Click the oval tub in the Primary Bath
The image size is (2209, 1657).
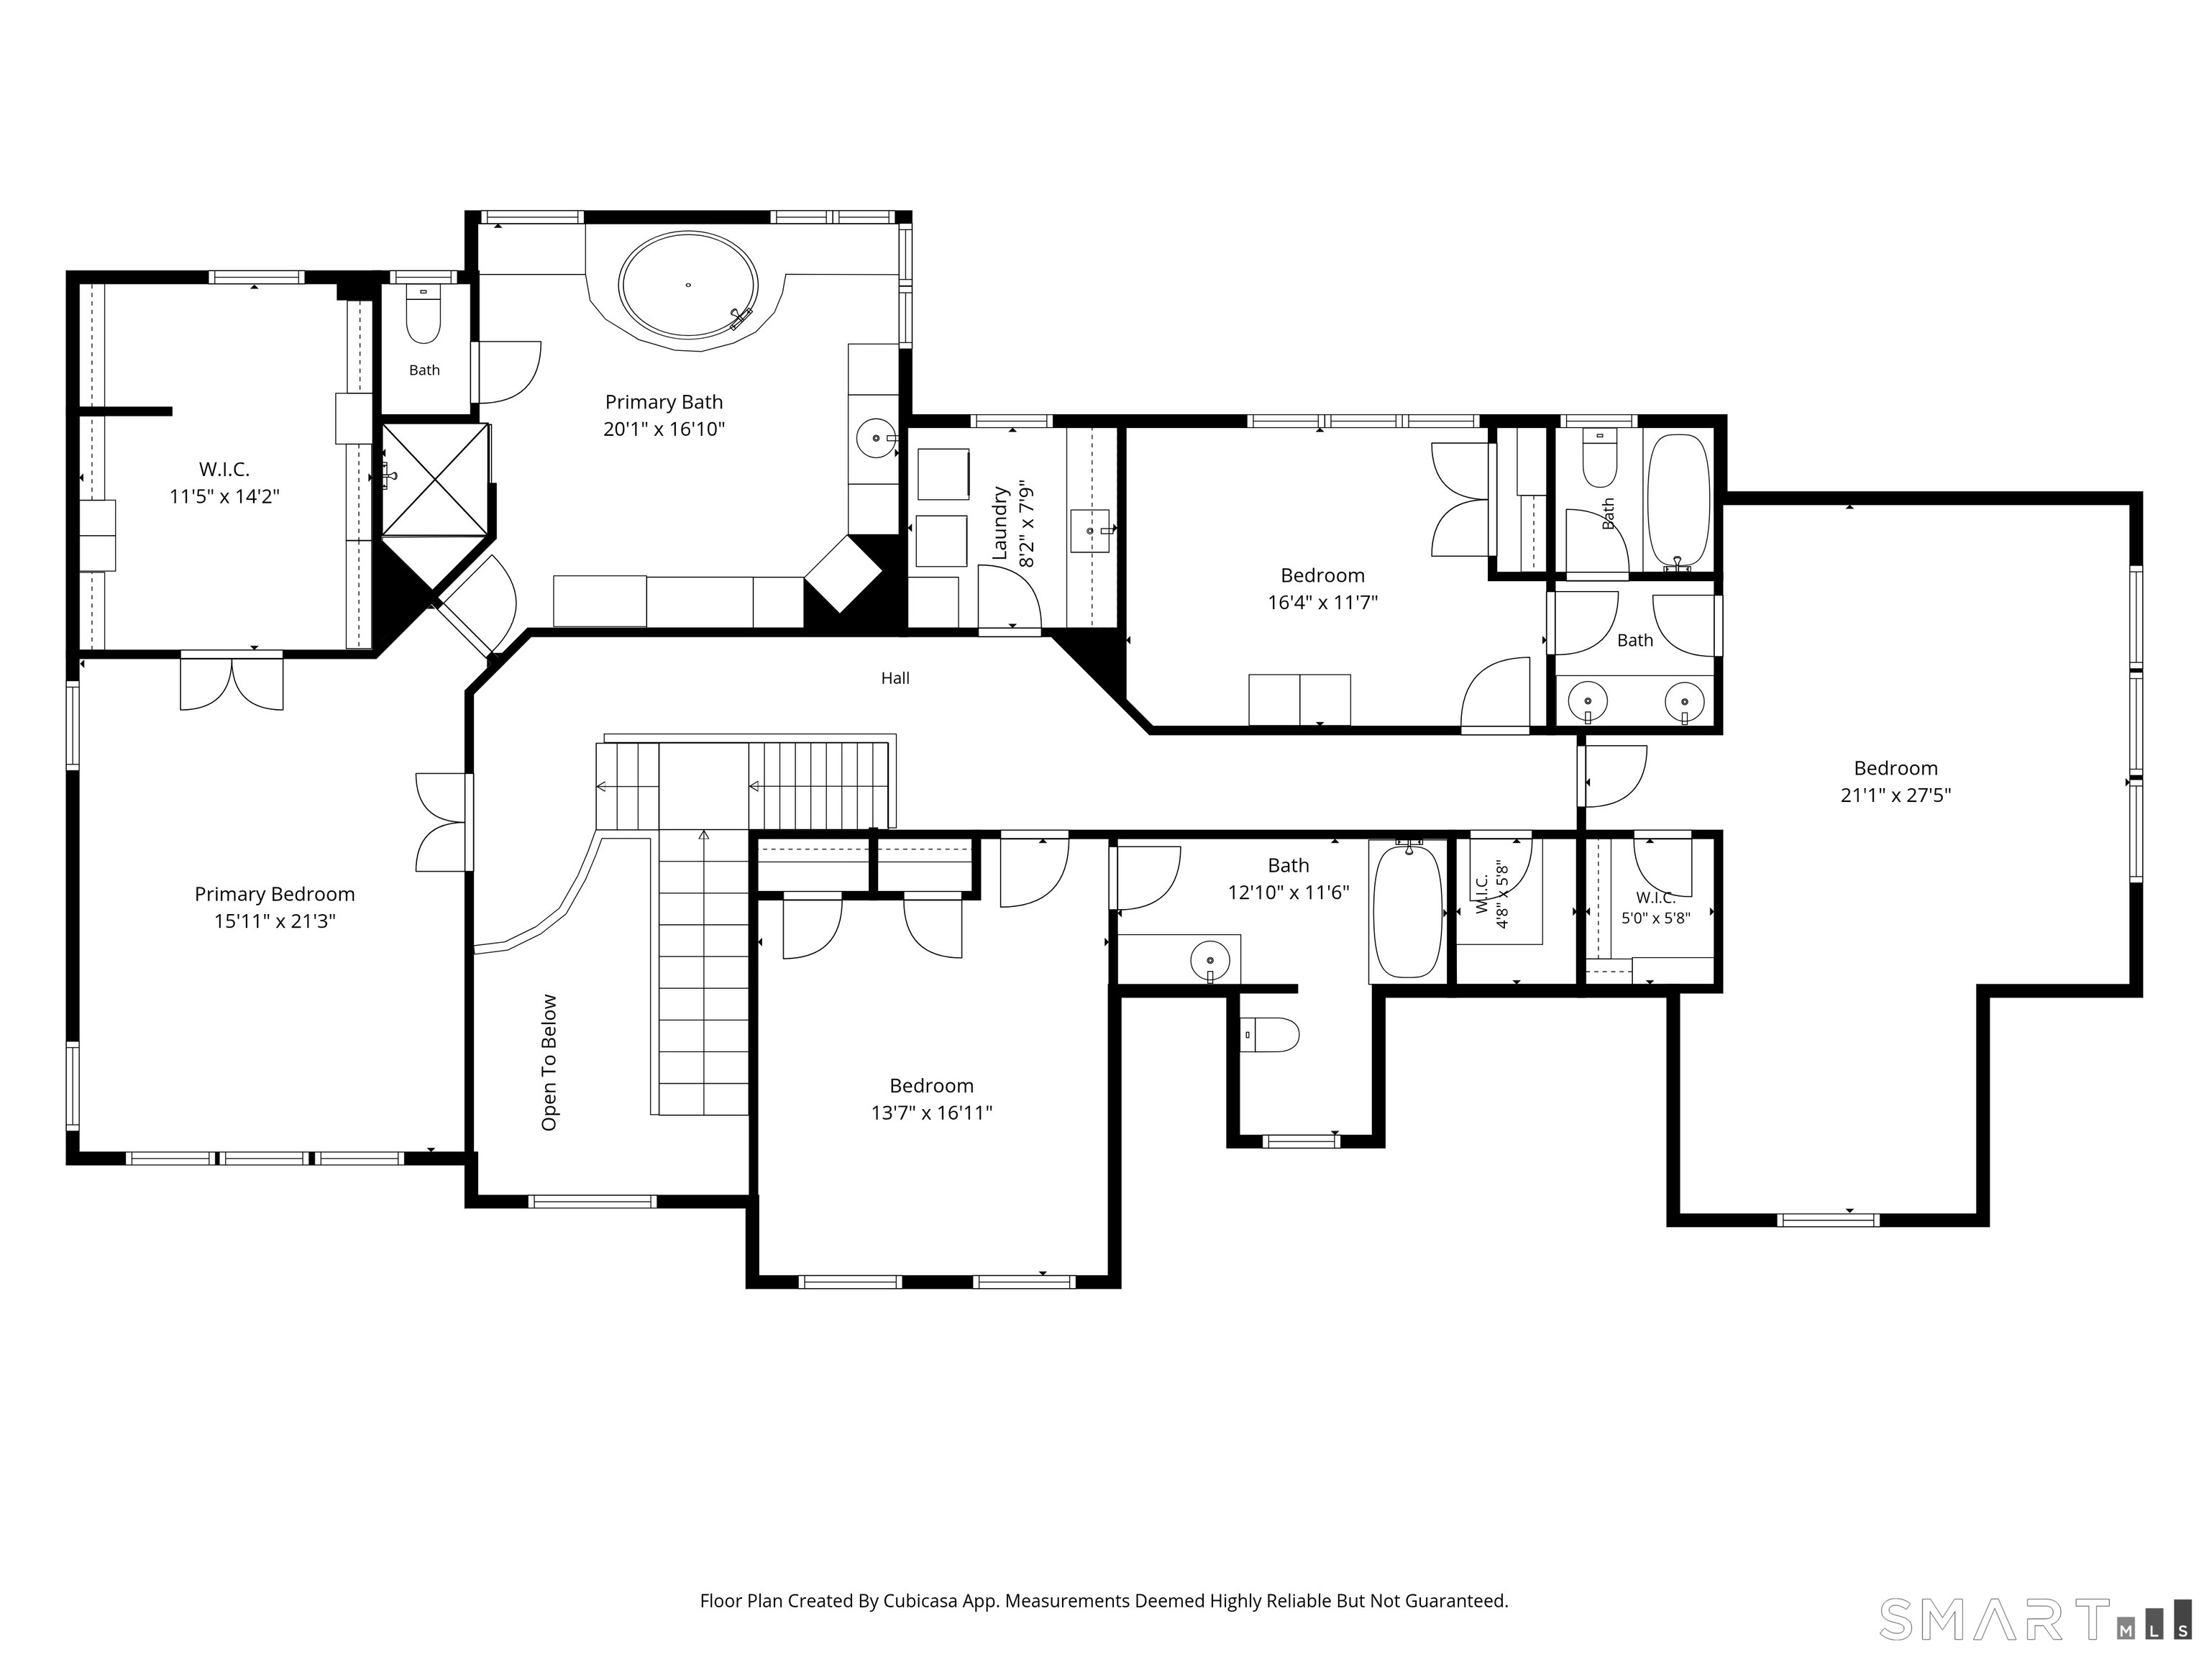coord(688,286)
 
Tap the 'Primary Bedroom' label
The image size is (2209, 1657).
coord(275,894)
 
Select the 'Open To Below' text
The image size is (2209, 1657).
coord(549,1063)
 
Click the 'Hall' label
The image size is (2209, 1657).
coord(895,678)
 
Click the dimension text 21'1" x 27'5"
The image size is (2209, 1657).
coord(1895,795)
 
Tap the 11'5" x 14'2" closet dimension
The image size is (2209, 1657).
coord(224,496)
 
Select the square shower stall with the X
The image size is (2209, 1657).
coord(436,478)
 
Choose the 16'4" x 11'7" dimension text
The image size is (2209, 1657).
coord(1322,602)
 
